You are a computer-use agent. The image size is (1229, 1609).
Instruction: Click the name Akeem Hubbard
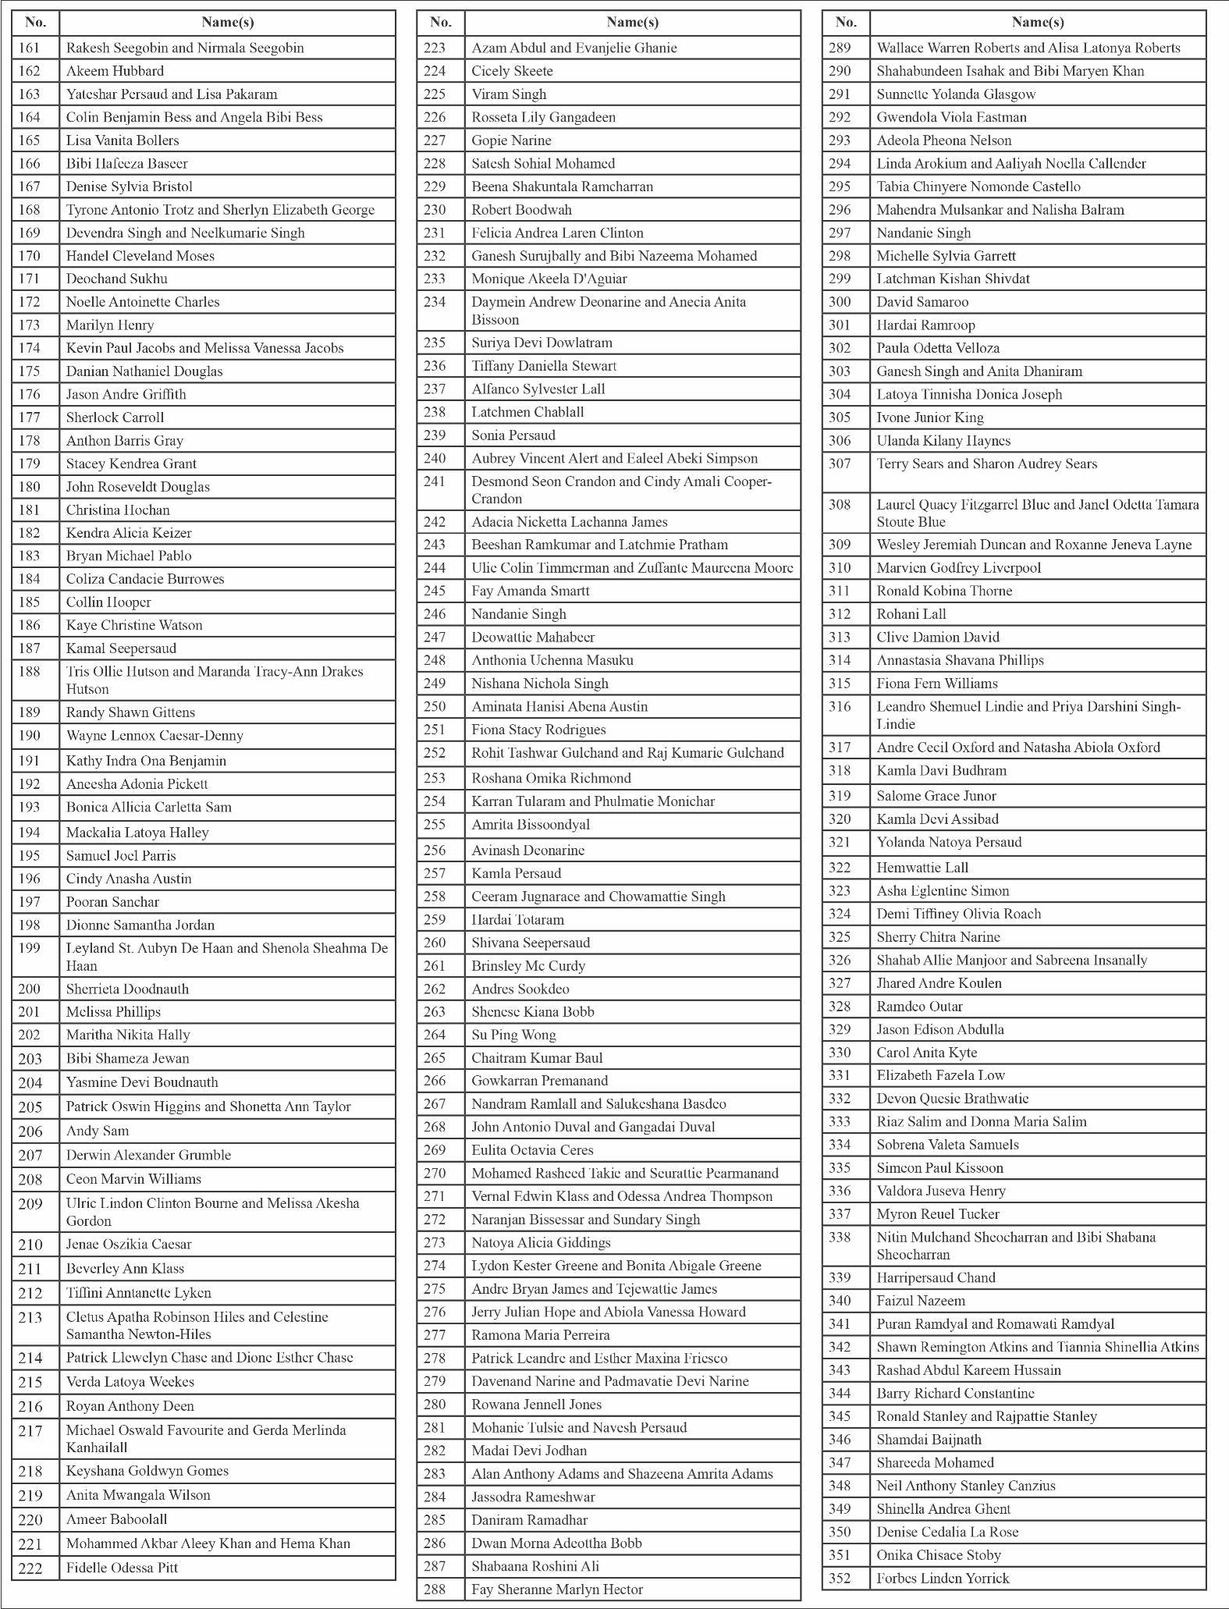[115, 71]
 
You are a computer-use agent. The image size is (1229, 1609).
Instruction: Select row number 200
[30, 989]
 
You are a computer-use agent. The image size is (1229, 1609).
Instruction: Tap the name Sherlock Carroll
[115, 417]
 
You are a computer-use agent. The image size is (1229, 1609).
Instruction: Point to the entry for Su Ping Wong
[513, 1035]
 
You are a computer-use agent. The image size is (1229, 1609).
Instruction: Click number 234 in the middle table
[435, 302]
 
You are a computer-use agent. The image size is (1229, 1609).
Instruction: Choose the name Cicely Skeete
[512, 71]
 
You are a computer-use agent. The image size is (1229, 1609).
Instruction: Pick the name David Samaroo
[922, 302]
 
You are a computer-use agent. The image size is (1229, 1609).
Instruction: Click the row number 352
[840, 1578]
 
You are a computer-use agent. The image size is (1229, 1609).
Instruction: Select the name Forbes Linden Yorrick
[943, 1578]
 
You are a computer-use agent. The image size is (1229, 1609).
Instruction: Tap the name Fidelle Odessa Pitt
[122, 1568]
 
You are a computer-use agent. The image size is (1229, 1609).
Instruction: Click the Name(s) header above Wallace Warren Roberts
[1037, 22]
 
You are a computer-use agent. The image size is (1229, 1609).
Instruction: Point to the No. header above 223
[441, 22]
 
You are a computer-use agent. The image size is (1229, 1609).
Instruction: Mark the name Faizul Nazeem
[921, 1301]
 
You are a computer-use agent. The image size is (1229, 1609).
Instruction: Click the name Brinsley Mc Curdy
[528, 965]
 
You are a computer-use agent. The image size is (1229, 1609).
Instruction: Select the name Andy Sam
[98, 1131]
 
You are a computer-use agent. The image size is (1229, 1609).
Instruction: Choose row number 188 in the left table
[30, 671]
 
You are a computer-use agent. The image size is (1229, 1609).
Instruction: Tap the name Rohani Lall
[911, 614]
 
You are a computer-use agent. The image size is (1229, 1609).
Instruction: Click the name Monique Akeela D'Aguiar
[549, 279]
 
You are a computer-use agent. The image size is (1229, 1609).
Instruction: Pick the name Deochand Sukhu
[116, 279]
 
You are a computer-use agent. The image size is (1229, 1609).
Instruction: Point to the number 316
[840, 706]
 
